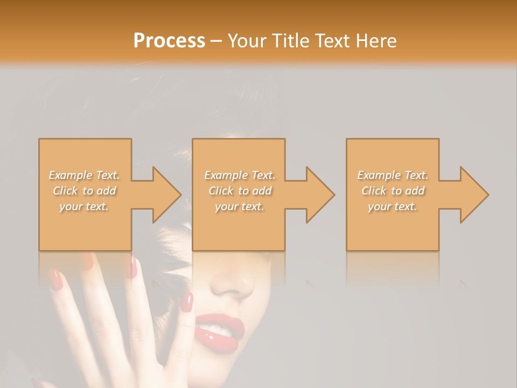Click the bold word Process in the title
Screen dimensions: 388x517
point(169,40)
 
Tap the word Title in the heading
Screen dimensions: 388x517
point(291,40)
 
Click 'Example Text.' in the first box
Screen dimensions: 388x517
point(85,175)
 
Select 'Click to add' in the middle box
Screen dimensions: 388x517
point(239,191)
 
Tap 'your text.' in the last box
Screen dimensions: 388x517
point(393,206)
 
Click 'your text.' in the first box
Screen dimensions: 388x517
point(85,206)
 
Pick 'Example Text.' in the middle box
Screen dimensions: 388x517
point(239,175)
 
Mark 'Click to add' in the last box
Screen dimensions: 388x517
point(393,191)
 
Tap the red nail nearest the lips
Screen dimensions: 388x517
point(187,302)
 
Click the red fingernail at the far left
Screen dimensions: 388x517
point(55,280)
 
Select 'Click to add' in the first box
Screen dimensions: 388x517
point(85,191)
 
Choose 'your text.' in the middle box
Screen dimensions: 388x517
point(239,206)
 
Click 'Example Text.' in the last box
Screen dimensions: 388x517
point(393,175)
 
